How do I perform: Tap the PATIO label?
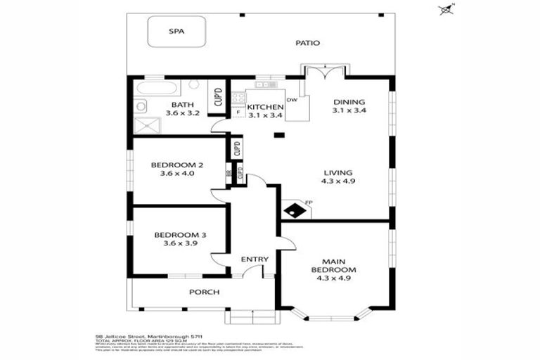point(307,43)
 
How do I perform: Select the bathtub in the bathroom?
point(156,89)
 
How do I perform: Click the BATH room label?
point(177,105)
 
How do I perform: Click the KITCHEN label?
point(264,107)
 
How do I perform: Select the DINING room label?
point(349,101)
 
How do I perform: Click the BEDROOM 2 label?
point(177,165)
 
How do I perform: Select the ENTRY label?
point(255,259)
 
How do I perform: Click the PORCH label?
point(204,292)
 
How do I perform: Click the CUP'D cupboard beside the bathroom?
point(217,98)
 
